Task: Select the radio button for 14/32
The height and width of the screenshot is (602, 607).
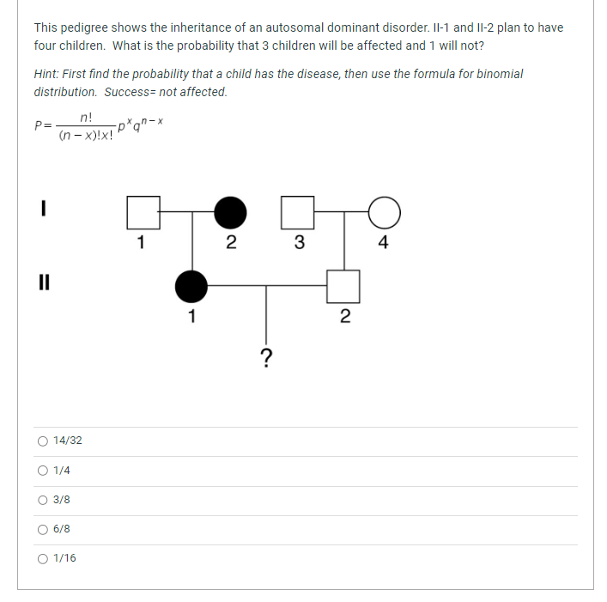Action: [x=43, y=441]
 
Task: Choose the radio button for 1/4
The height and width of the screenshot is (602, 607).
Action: [x=43, y=471]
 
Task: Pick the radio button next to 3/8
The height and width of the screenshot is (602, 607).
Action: [x=43, y=500]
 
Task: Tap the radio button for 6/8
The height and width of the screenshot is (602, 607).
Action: [x=43, y=529]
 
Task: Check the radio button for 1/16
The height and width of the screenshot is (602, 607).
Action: [x=43, y=558]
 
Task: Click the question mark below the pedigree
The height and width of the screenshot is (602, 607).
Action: [x=266, y=357]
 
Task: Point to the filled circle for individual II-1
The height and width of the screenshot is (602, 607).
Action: [x=191, y=286]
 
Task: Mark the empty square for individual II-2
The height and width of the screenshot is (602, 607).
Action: [x=344, y=286]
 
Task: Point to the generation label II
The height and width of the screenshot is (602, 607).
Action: [x=42, y=282]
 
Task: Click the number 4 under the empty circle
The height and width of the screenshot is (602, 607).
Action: [x=383, y=242]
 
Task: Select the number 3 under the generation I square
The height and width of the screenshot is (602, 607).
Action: [x=299, y=242]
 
